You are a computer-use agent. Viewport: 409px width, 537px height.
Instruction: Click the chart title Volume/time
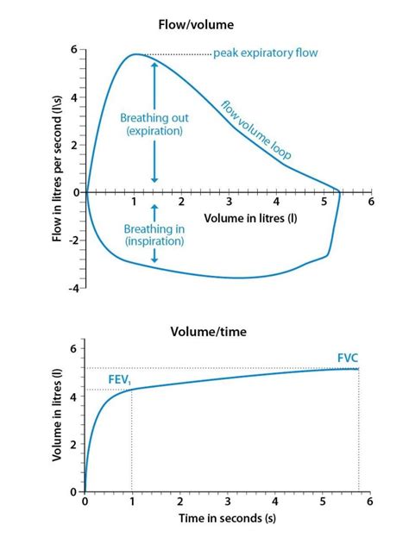click(x=204, y=330)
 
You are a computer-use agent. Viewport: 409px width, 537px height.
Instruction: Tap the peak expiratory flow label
click(x=266, y=53)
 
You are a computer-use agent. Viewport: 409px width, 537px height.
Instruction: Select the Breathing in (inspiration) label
click(x=154, y=235)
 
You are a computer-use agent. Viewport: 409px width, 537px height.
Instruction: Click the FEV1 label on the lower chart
click(x=120, y=380)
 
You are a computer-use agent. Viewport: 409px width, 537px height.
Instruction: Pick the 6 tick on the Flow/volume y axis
click(x=74, y=50)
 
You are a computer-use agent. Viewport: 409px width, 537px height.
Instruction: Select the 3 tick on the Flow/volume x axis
click(x=229, y=202)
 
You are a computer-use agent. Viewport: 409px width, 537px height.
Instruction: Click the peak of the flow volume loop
click(x=135, y=55)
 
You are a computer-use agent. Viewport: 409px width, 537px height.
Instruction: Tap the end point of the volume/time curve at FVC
click(x=358, y=369)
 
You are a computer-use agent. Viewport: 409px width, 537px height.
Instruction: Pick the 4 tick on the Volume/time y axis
click(x=74, y=397)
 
